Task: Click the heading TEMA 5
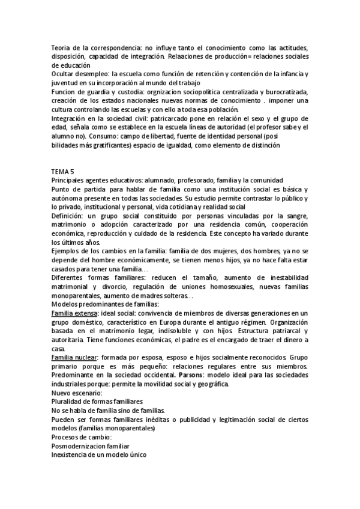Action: pos(62,171)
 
